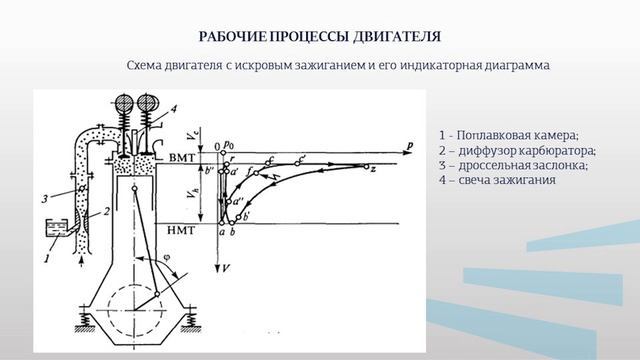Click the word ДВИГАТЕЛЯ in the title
[394, 38]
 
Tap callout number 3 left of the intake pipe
[45, 198]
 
